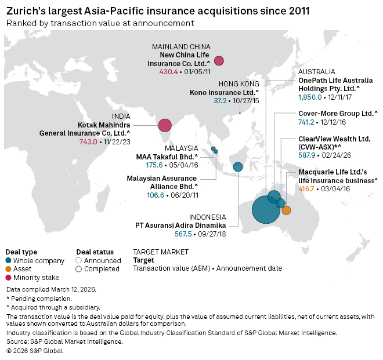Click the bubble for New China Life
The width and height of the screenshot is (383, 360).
[x=219, y=60]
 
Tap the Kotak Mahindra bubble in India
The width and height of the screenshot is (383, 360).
[x=165, y=125]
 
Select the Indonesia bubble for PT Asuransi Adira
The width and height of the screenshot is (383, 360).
[x=237, y=167]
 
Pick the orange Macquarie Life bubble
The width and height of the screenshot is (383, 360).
[x=286, y=210]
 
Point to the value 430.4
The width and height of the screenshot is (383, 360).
[x=168, y=72]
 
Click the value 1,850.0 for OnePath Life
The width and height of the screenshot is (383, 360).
[x=310, y=98]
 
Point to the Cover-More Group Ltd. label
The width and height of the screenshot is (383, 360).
[x=338, y=114]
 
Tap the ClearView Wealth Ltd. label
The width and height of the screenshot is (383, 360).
[x=334, y=139]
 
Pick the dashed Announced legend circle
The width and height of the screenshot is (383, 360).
[x=79, y=261]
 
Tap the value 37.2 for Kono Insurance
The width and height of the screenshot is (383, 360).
[x=220, y=101]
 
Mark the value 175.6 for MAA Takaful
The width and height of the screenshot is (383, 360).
[x=154, y=165]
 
